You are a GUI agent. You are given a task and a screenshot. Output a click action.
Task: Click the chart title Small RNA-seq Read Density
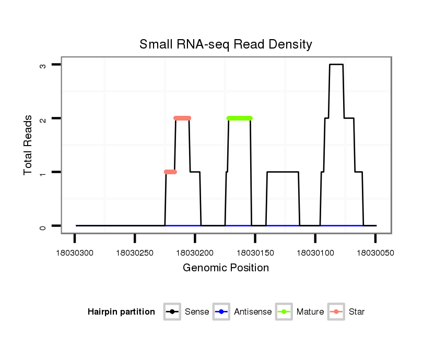[226, 44]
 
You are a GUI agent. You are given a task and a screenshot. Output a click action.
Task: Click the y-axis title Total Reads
[29, 145]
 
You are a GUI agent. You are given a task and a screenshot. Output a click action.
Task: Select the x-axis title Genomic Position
[226, 268]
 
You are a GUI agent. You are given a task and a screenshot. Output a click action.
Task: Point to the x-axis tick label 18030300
[75, 253]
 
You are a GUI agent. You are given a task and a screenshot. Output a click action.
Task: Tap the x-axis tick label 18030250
[135, 253]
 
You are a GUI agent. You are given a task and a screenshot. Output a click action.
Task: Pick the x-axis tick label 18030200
[195, 253]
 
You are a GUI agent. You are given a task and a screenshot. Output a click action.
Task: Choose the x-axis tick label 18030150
[255, 253]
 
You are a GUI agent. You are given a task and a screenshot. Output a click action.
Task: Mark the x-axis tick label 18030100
[315, 253]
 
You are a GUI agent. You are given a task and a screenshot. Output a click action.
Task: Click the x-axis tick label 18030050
[375, 253]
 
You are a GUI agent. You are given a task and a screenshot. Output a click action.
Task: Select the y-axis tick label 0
[43, 226]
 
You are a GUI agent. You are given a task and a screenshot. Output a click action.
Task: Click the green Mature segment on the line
[239, 118]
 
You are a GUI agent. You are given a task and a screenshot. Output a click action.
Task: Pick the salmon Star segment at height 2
[182, 118]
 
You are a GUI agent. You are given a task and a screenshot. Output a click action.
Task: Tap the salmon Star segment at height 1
[170, 172]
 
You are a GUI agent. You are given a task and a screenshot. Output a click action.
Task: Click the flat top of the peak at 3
[336, 64]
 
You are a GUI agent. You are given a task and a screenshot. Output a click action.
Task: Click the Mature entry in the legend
[300, 312]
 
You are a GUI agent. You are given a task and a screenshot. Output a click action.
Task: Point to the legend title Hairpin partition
[121, 312]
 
